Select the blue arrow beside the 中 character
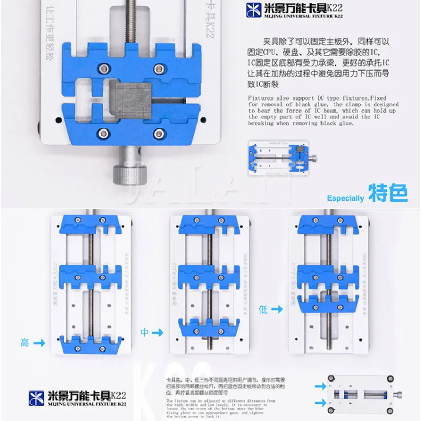click(158, 332)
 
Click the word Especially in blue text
click(345, 198)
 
